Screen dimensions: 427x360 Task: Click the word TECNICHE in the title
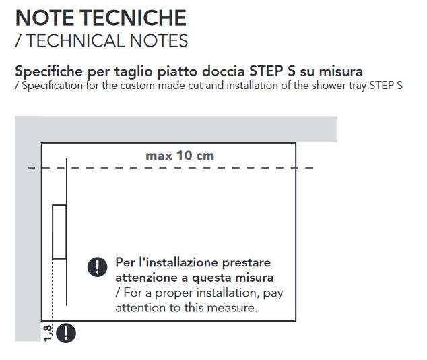click(133, 18)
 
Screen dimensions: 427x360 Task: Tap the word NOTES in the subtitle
click(159, 40)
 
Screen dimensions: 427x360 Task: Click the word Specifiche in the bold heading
click(48, 71)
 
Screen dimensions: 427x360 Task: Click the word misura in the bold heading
click(341, 71)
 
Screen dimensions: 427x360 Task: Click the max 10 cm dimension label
click(180, 156)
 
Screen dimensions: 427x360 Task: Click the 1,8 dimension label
click(47, 333)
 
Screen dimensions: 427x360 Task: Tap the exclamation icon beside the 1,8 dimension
click(66, 333)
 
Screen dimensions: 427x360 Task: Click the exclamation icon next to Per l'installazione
click(97, 267)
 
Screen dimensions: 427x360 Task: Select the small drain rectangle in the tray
click(59, 232)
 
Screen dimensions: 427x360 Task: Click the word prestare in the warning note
click(247, 262)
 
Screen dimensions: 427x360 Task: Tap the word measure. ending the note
click(232, 308)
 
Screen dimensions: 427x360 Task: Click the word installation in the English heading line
click(253, 86)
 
